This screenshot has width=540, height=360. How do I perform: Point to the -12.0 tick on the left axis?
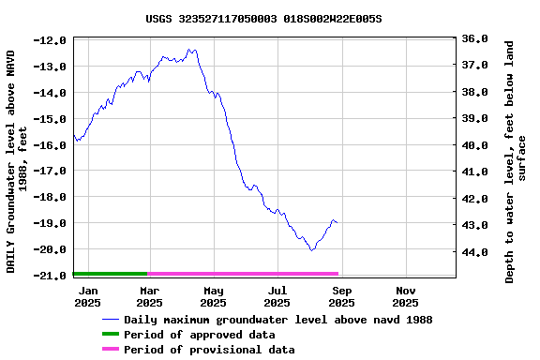[x=49, y=40]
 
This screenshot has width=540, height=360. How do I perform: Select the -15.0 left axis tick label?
[x=49, y=119]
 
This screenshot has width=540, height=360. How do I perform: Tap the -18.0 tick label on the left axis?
[x=49, y=198]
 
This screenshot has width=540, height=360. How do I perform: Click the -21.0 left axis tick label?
[x=49, y=276]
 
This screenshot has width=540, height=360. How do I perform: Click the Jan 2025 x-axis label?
[x=87, y=296]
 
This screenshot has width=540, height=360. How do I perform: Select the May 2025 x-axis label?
[x=213, y=296]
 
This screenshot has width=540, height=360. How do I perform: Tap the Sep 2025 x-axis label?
[x=341, y=296]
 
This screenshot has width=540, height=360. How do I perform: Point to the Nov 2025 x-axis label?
[x=405, y=296]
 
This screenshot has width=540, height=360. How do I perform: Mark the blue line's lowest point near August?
[x=312, y=250]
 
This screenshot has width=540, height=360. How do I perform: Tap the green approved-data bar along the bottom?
[x=111, y=274]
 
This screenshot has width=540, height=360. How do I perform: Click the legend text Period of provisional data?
[x=209, y=350]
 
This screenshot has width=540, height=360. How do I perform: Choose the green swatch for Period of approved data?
[x=111, y=335]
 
